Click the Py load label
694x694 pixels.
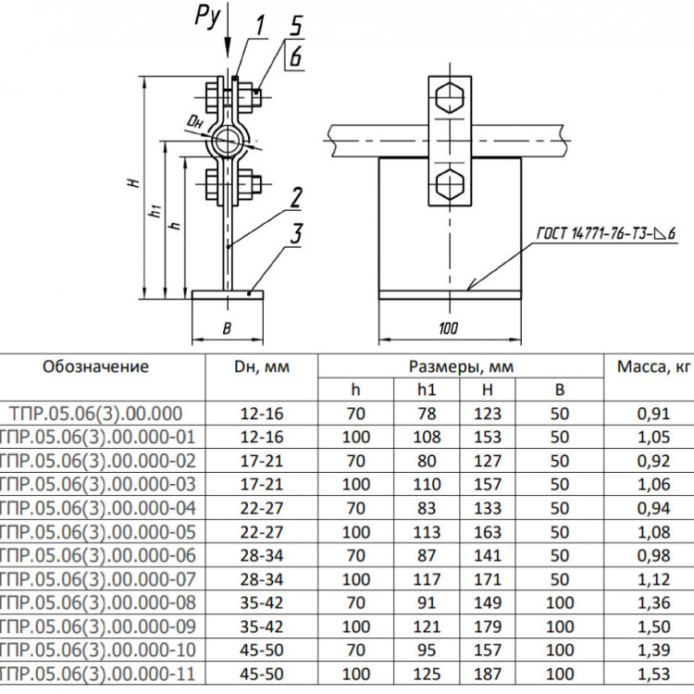(x=207, y=19)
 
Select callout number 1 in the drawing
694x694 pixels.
(x=260, y=25)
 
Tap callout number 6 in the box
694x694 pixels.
(x=296, y=56)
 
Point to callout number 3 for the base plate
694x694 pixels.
(x=296, y=233)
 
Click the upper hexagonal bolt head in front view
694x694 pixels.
(x=450, y=97)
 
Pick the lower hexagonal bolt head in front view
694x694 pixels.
(x=450, y=183)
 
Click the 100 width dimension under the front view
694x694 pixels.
(x=449, y=328)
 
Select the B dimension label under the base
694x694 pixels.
(x=227, y=328)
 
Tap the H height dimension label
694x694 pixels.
(x=135, y=182)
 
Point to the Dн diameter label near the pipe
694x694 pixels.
(x=194, y=121)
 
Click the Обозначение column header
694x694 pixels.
(x=95, y=367)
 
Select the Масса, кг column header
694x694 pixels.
(x=653, y=367)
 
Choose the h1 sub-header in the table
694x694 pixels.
(x=427, y=390)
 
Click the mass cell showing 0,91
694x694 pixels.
(x=653, y=414)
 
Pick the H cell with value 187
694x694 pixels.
(x=488, y=674)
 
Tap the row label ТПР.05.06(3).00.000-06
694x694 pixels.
(x=97, y=555)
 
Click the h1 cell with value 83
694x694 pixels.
(x=427, y=508)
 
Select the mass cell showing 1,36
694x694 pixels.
(x=653, y=602)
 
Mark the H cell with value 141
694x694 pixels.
(x=488, y=555)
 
